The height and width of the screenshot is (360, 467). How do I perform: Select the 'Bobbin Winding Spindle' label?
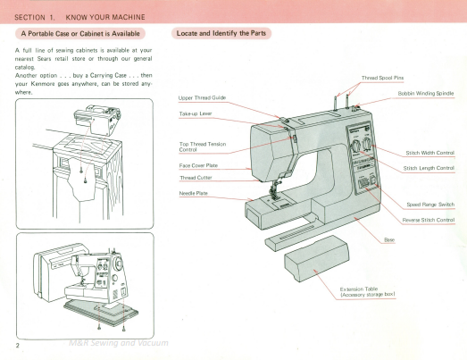pyautogui.click(x=425, y=93)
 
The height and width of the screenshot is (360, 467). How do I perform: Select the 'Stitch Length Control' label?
pyautogui.click(x=429, y=168)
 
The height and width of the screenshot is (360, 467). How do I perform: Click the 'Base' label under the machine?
pyautogui.click(x=389, y=240)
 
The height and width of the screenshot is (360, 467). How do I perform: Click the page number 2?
pyautogui.click(x=18, y=344)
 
